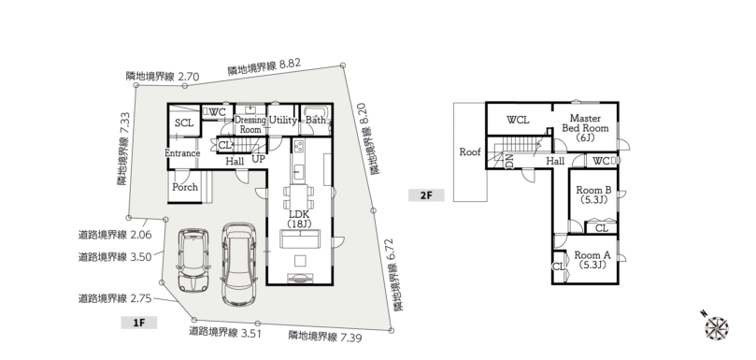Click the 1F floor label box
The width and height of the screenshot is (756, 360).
coord(139,323)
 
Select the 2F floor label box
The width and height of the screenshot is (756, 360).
coord(426,194)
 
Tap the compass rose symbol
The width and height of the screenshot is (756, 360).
coord(716,327)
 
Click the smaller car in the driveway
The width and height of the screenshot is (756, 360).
coord(193,260)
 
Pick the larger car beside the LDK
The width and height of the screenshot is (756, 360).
coord(238,264)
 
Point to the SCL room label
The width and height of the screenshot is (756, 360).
coord(184,123)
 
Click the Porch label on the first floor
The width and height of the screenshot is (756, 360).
coord(185,187)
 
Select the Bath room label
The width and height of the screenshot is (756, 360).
coord(316,120)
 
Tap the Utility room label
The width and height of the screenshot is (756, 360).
coord(282,121)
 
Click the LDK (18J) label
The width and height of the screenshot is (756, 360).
coord(299,219)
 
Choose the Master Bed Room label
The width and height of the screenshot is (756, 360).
coord(585,127)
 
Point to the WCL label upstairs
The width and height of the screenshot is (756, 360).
coord(518,120)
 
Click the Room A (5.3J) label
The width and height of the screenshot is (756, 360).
coord(592,260)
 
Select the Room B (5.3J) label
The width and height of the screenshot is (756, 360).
coord(593,194)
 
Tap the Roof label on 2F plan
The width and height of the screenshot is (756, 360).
coord(470,152)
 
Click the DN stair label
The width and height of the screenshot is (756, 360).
coord(509,161)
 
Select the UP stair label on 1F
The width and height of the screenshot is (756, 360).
coord(259,159)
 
